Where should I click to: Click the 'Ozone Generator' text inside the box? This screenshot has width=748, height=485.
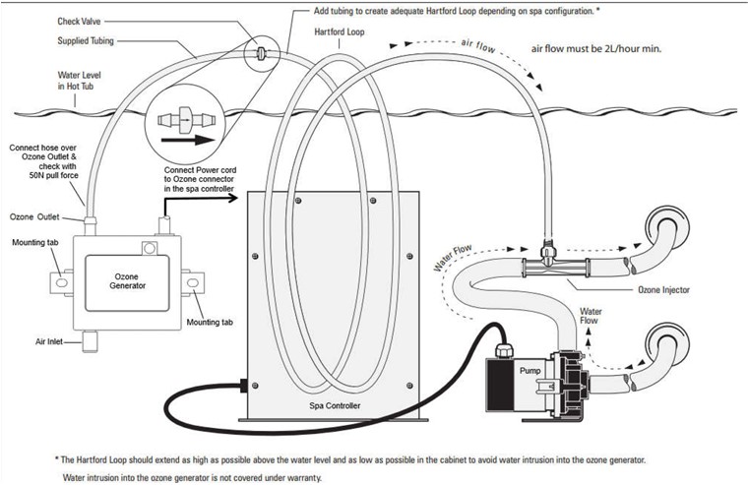point(127,281)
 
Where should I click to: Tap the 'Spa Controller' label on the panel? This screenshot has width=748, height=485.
point(335,406)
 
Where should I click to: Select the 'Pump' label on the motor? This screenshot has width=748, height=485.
point(530,371)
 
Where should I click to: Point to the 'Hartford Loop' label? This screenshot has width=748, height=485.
point(340,31)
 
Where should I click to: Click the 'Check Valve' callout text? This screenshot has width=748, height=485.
point(79,22)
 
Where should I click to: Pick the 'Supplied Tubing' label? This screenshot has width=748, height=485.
point(86,41)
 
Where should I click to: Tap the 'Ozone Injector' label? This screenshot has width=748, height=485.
point(663,289)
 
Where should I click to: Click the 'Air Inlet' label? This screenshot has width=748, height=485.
point(49,341)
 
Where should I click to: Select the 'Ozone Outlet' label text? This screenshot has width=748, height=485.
point(34,217)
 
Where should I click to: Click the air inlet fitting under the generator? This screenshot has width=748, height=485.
point(90,341)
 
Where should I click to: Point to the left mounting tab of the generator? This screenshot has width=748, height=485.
point(62,282)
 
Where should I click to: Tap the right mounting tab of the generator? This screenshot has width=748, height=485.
point(193,283)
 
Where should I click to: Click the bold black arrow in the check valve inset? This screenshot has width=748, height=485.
point(188,141)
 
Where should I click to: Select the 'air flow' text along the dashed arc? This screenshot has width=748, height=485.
point(478,46)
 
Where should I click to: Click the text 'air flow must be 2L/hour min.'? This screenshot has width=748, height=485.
point(596,48)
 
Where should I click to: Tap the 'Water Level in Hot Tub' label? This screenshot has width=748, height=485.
point(79,81)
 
